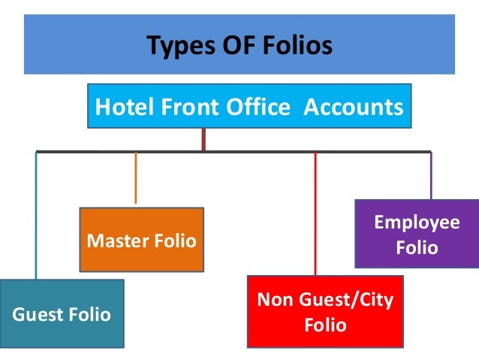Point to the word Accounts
tap(353, 107)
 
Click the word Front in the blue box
tap(188, 107)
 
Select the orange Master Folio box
tap(141, 240)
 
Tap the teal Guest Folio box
tap(62, 313)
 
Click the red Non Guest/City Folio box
tap(325, 313)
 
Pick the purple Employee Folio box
tap(417, 234)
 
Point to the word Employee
tap(417, 222)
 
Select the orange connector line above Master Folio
tap(135, 177)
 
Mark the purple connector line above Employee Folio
tap(430, 176)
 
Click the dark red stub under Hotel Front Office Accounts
tap(203, 139)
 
